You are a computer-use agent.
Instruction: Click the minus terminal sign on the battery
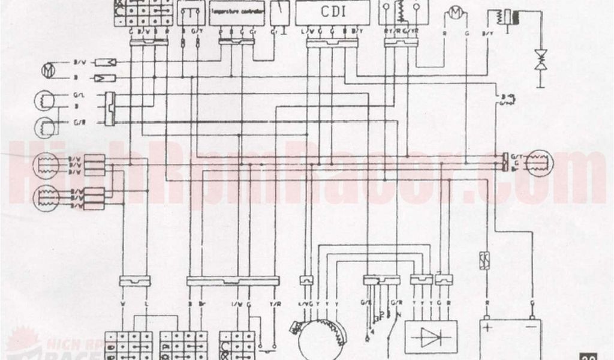point(530,328)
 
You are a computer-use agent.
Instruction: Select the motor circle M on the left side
point(47,71)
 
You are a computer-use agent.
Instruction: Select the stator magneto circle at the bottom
point(318,336)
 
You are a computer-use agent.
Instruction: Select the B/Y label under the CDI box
point(358,30)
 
